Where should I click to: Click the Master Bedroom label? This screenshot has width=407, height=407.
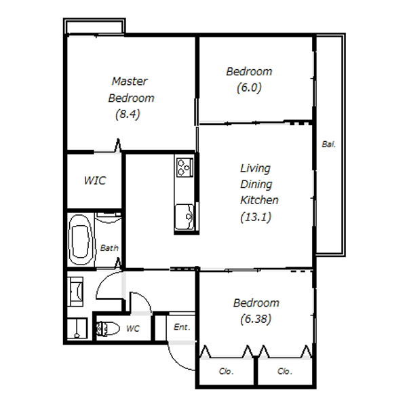(x=131, y=90)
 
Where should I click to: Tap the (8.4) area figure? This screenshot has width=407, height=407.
(x=128, y=114)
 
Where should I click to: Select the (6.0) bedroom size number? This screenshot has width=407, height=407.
(x=249, y=88)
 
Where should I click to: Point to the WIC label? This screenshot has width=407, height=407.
(x=95, y=180)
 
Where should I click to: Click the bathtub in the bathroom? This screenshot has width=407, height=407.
(x=81, y=239)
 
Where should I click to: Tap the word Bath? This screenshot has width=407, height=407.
(x=109, y=248)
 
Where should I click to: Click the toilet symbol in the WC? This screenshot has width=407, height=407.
(x=108, y=328)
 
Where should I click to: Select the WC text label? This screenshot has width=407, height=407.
(x=133, y=328)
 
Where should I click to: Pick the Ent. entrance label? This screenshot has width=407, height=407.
(x=182, y=327)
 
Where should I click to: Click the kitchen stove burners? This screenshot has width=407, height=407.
(x=185, y=168)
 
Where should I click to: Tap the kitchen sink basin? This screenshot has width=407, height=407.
(x=185, y=217)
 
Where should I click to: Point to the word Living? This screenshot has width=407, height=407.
(x=256, y=168)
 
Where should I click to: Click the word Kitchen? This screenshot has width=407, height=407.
(x=259, y=200)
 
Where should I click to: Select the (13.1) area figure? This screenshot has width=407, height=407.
(x=256, y=217)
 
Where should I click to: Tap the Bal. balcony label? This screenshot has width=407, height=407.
(x=328, y=144)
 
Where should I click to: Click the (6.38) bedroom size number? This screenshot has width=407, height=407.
(x=256, y=319)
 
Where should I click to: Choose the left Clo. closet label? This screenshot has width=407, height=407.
(x=226, y=371)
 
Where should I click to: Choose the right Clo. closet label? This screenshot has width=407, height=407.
(x=284, y=371)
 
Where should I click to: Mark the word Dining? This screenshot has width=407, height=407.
(x=256, y=185)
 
